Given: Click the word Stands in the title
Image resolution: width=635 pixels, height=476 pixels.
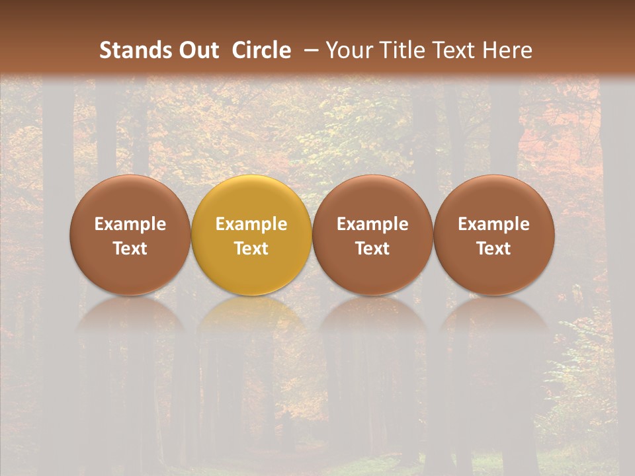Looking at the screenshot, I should [x=134, y=50].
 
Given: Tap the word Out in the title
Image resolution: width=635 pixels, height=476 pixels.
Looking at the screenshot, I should [x=197, y=50].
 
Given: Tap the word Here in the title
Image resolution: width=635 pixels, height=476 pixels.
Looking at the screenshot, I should [x=506, y=50].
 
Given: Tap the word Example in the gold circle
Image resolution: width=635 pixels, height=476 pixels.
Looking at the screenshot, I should [x=251, y=224].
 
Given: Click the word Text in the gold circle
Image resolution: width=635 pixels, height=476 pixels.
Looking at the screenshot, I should [x=251, y=249].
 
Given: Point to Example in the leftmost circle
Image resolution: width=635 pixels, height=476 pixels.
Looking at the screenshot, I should [x=130, y=224].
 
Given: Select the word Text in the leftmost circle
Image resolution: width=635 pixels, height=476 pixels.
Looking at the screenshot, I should [x=130, y=249].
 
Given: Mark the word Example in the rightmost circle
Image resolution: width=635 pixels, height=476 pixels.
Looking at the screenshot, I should [x=493, y=224].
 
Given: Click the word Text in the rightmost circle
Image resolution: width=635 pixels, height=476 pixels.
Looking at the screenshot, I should [x=493, y=249].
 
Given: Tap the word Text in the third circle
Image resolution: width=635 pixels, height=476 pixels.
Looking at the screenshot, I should [x=372, y=249].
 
